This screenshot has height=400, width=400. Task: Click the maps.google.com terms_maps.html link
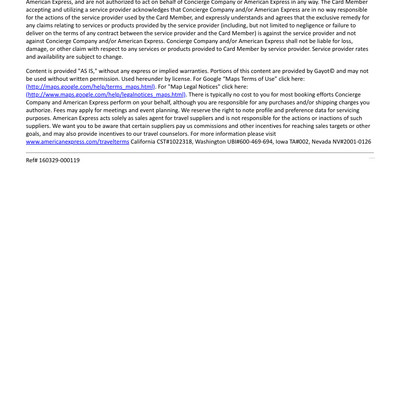[90, 87]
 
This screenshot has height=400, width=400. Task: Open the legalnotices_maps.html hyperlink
[106, 95]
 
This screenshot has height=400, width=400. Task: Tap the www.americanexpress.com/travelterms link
[77, 142]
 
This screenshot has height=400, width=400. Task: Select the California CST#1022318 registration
[167, 142]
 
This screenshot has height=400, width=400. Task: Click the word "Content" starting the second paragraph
[38, 71]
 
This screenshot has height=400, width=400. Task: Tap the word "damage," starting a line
[39, 48]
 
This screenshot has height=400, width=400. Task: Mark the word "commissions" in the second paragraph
[222, 126]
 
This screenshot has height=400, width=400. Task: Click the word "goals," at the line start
[35, 134]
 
